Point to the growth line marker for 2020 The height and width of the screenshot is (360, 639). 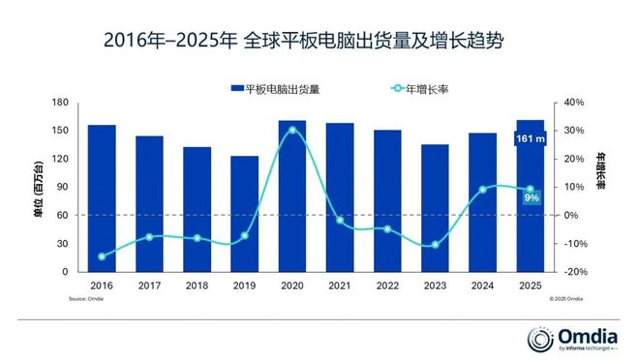click(292, 130)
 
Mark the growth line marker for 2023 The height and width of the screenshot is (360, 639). click(435, 245)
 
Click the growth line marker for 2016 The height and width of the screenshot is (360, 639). click(102, 256)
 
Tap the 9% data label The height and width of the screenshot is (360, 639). click(531, 197)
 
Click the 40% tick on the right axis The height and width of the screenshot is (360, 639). click(575, 103)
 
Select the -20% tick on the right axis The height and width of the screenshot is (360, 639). click(575, 272)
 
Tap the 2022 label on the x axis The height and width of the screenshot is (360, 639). click(387, 285)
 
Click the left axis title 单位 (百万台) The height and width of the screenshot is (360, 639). click(38, 187)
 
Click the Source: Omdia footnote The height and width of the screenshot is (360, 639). click(86, 300)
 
